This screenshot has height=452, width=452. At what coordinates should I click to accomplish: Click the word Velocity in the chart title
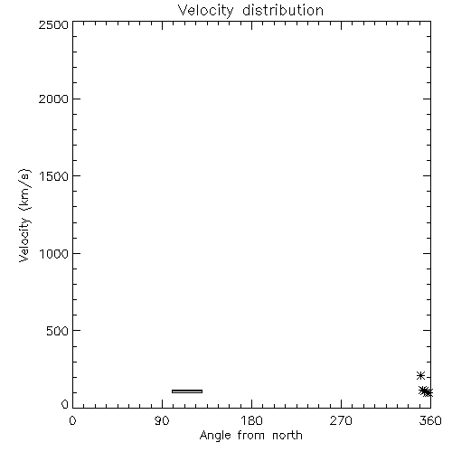[x=205, y=11]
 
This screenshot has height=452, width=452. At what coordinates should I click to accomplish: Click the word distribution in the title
[x=283, y=10]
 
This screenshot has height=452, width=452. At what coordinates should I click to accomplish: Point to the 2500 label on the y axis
[x=53, y=24]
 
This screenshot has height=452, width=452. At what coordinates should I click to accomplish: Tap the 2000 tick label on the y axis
[x=53, y=99]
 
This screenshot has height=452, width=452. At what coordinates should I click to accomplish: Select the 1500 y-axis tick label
[x=54, y=176]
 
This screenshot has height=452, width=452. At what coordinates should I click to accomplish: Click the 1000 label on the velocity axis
[x=54, y=253]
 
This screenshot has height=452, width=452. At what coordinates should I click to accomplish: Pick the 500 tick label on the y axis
[x=58, y=331]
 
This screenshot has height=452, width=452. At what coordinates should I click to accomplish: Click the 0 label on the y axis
[x=65, y=404]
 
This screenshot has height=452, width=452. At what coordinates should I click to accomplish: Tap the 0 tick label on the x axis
[x=72, y=420]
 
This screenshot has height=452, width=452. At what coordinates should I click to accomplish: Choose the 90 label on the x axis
[x=162, y=420]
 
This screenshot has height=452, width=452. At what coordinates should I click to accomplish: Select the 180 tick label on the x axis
[x=251, y=420]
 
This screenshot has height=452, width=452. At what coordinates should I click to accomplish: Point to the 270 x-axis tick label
[x=341, y=420]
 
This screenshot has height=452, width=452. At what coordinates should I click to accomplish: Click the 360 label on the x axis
[x=430, y=420]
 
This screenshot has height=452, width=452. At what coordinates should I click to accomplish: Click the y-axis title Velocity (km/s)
[x=24, y=215]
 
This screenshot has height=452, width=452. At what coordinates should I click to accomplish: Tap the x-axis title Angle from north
[x=251, y=436]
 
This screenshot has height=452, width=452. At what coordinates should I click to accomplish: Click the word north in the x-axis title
[x=287, y=435]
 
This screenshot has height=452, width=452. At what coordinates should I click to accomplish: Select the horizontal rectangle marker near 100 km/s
[x=187, y=391]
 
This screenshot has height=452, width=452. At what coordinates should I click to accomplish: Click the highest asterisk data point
[x=420, y=376]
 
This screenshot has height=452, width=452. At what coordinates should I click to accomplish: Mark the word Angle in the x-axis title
[x=215, y=436]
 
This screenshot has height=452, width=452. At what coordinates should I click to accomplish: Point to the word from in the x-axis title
[x=251, y=435]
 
